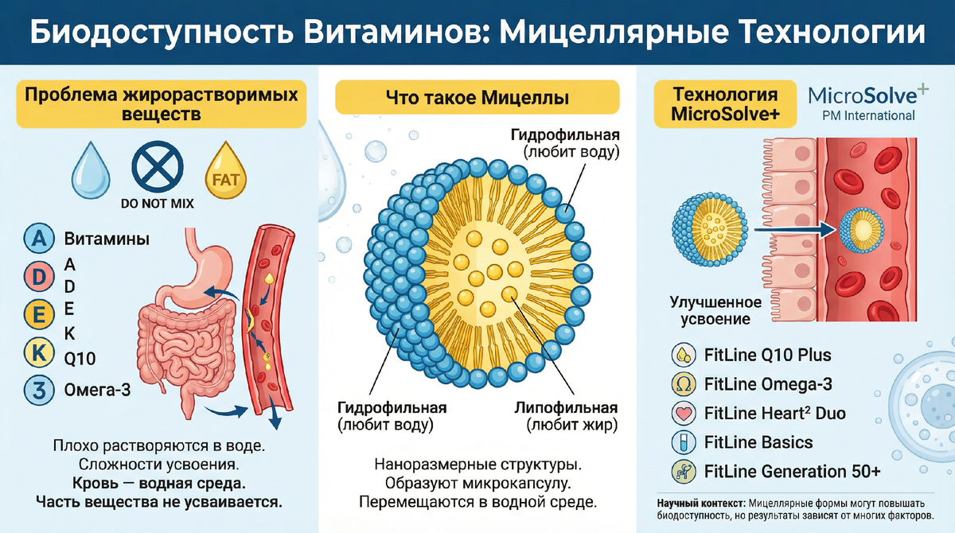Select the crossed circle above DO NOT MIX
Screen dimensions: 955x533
click(x=157, y=168)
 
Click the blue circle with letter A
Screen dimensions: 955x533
click(x=38, y=239)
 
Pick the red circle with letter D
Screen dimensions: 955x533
click(x=38, y=276)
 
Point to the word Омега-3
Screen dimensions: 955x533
click(x=98, y=390)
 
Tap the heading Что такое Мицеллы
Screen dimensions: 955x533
click(x=477, y=99)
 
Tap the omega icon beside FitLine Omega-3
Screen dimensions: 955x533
click(x=683, y=385)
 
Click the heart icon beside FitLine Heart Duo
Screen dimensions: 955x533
click(x=683, y=414)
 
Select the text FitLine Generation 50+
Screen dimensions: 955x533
click(x=793, y=472)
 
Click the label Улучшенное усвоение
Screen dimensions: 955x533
click(x=715, y=311)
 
